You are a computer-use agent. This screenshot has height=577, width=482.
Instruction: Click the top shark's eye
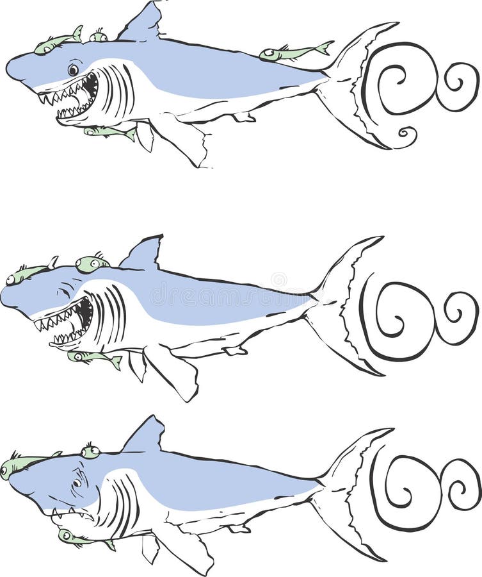pos(73,69)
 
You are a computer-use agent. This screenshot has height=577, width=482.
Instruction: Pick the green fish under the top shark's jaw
pos(109,131)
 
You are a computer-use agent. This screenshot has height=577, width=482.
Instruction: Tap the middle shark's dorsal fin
pos(144,255)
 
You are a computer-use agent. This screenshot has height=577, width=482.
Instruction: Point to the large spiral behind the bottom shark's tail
pos(406,490)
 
